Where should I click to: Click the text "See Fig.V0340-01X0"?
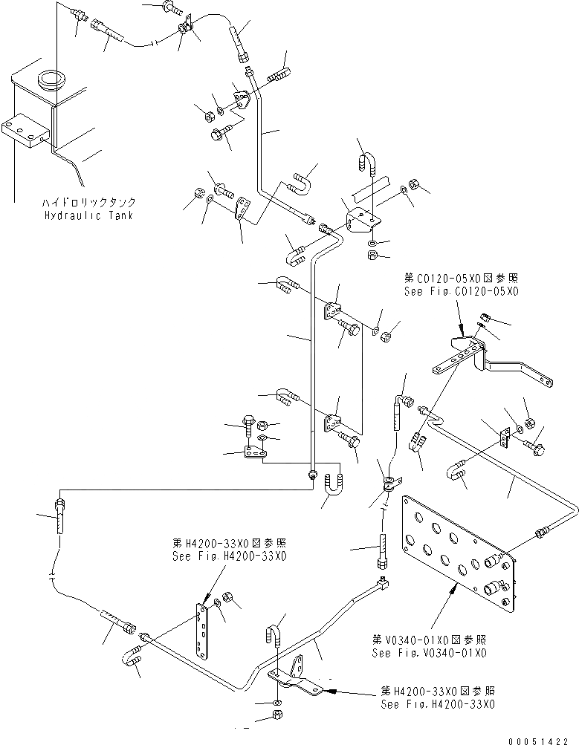[x=430, y=653]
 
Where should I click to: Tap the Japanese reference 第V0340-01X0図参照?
[x=430, y=640]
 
